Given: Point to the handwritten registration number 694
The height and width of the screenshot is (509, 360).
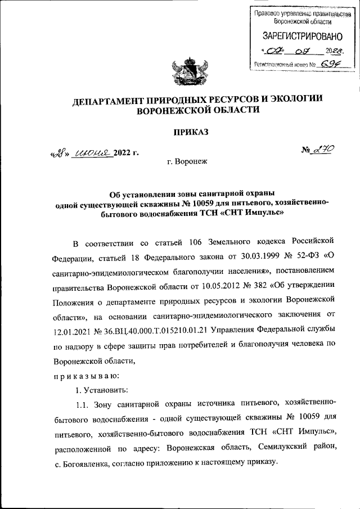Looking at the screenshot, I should pos(328,64).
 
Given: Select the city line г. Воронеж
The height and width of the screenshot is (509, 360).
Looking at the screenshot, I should pos(187,161).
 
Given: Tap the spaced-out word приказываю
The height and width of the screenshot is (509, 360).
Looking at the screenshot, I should pos(86,372).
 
